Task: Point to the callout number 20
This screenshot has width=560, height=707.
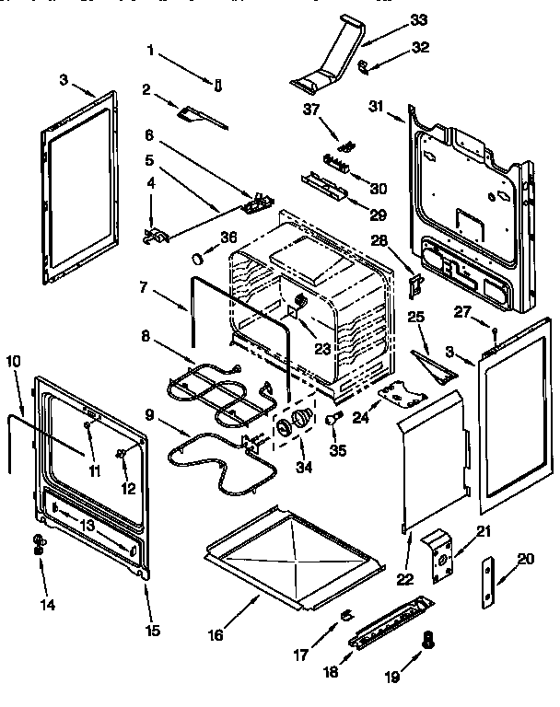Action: pos(525,557)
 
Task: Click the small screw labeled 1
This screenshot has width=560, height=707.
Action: pos(218,87)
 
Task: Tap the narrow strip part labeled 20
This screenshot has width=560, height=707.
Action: pos(486,583)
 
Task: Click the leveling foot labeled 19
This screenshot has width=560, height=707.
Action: pos(426,641)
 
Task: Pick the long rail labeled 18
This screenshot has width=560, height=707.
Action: pos(391,625)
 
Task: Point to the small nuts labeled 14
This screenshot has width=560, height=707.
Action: pos(39,544)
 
